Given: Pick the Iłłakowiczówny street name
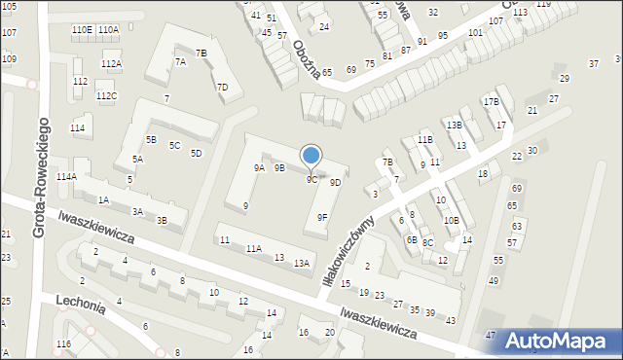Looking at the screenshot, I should (348, 251).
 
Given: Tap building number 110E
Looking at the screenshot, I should (82, 30).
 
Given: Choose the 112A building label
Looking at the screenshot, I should (111, 64).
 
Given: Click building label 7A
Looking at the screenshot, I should (180, 61).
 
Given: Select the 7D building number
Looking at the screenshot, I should (222, 88).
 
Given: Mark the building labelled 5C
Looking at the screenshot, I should (174, 146).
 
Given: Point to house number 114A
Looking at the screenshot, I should (65, 177).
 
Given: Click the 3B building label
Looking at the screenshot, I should (162, 221).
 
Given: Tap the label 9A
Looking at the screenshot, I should (259, 168).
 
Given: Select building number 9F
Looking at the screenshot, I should (322, 218).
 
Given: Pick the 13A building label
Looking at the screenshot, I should (302, 264).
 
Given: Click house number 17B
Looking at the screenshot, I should (491, 102).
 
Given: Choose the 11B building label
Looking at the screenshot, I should (424, 140).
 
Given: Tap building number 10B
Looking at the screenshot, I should (451, 221).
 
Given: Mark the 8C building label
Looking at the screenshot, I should (427, 242).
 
